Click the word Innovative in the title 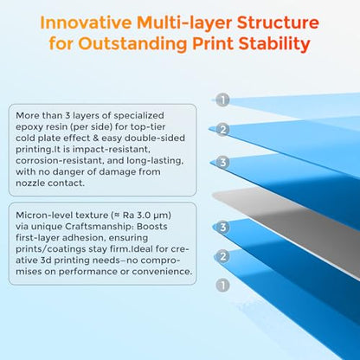86,22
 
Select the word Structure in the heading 278,22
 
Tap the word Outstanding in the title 132,44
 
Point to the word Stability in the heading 274,44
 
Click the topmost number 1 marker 222,100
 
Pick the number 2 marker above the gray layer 222,130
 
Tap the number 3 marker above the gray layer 222,163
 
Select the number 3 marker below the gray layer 222,227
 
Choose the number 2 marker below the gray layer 222,256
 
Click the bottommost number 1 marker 222,286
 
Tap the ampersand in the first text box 96,138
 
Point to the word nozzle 30,183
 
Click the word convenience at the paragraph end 162,272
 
